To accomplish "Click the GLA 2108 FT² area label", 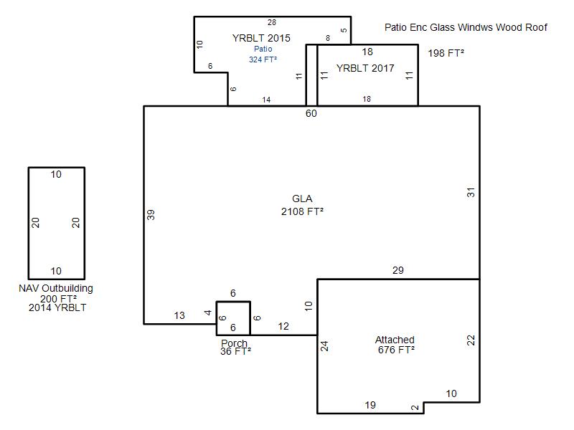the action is [x=302, y=205].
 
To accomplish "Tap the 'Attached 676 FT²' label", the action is [x=395, y=345].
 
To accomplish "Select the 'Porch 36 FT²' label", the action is [x=235, y=348].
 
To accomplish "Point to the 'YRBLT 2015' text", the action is [x=261, y=38].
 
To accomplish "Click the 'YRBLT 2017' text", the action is [x=365, y=68].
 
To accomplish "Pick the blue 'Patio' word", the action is [x=263, y=49].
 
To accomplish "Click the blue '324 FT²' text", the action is [x=263, y=59].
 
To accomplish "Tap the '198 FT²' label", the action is [x=446, y=53].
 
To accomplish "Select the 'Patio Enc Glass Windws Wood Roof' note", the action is [x=466, y=27].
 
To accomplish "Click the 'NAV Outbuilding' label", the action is [x=56, y=288].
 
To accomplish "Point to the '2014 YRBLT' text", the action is [x=57, y=307].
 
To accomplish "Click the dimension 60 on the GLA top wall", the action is [x=311, y=114].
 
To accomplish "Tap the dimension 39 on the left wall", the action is [x=151, y=214].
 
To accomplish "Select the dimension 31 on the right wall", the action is [x=471, y=192].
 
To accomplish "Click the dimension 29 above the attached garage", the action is [x=398, y=271].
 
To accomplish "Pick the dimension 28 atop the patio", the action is [x=272, y=23].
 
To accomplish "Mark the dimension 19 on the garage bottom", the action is [x=370, y=405].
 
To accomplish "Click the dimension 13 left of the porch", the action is [x=179, y=315].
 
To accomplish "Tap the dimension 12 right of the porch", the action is [x=283, y=326].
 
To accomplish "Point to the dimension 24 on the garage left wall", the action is [x=325, y=346].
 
